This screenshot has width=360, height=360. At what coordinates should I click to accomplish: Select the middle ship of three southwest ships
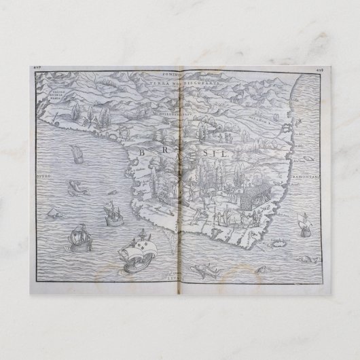click(109, 215)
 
